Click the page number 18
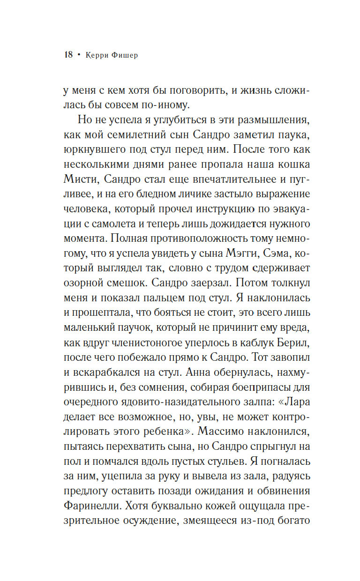[68, 55]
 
